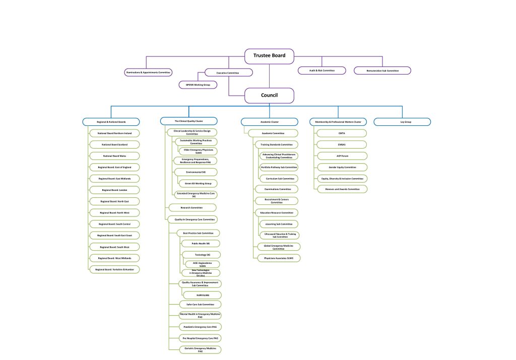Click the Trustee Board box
269,56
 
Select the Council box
269,95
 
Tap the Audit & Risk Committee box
321,70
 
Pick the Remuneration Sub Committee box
382,70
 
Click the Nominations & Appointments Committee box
148,73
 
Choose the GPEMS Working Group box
198,85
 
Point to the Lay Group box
402,121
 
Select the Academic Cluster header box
269,121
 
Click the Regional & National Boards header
111,121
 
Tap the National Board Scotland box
114,145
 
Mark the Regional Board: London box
114,190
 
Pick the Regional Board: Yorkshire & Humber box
114,269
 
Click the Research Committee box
191,207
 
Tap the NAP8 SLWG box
201,294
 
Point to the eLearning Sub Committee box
279,224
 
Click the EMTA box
342,133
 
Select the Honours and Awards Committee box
342,189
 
